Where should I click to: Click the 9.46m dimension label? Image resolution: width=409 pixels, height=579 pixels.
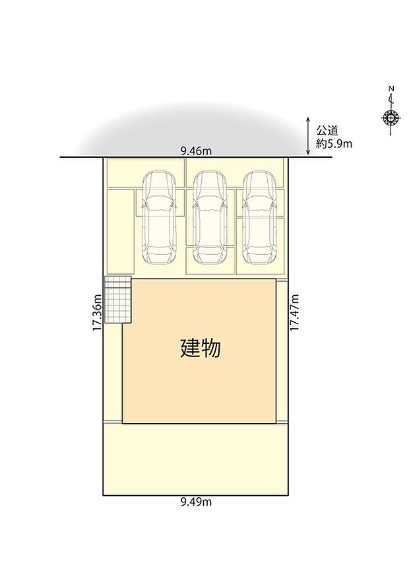coord(196,151)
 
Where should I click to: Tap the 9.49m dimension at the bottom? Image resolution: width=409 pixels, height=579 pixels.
coord(196,502)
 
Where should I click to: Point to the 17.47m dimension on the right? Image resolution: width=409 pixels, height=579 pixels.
coord(295,312)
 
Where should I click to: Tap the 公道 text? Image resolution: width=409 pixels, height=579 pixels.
coord(328,131)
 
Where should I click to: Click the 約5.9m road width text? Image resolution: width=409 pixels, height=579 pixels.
coord(334,143)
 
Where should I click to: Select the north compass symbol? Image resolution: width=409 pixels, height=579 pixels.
coord(391,118)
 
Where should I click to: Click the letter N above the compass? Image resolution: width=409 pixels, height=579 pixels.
coord(391,89)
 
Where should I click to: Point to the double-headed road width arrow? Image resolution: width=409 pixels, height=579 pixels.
coord(308,136)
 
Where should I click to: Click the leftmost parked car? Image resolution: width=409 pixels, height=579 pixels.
coord(159,215)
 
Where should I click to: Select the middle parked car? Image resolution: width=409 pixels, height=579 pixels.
coord(210,215)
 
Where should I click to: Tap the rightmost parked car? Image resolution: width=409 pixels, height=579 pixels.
coord(259,215)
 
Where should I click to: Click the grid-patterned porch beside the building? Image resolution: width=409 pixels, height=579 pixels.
coord(118,300)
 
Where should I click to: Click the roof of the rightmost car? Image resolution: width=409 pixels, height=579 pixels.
coord(259,221)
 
